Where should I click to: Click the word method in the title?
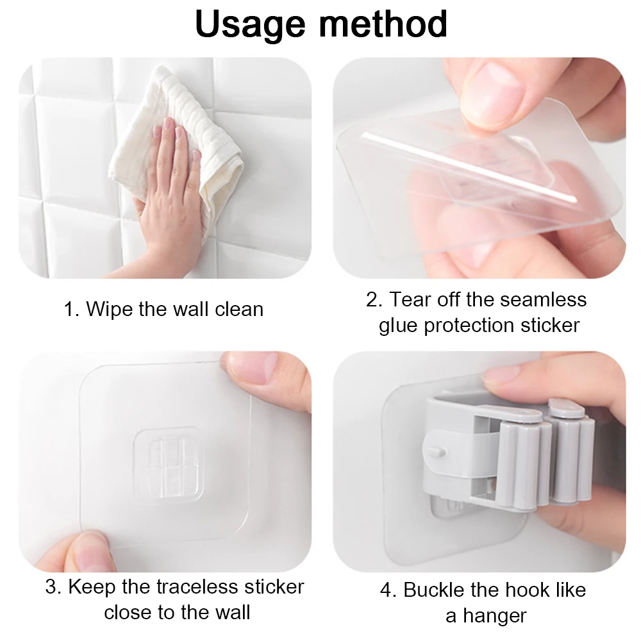pyautogui.click(x=383, y=24)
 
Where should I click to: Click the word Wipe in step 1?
pyautogui.click(x=110, y=309)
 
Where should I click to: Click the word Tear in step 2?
pyautogui.click(x=410, y=299)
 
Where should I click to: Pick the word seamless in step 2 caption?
pyautogui.click(x=543, y=299)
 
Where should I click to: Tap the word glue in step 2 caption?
pyautogui.click(x=398, y=326)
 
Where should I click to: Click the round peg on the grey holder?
pyautogui.click(x=437, y=451)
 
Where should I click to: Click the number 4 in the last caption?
pyautogui.click(x=386, y=590)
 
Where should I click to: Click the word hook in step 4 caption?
pyautogui.click(x=526, y=590)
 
